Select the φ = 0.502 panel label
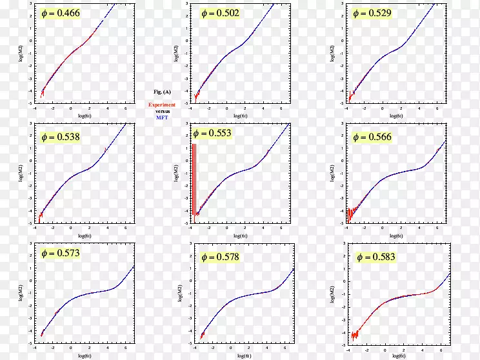219,14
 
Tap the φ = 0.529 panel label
373,14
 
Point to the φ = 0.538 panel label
61,137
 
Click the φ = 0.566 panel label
372,137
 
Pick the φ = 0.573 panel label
60,254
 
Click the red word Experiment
162,105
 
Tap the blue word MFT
162,117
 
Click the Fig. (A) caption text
162,92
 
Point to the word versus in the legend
162,111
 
